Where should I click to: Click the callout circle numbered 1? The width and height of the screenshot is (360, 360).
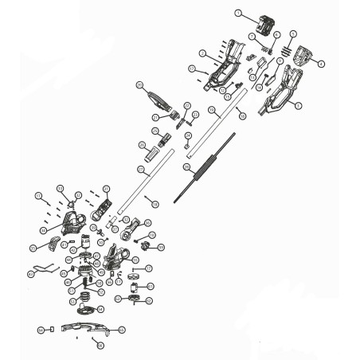pos(238,13)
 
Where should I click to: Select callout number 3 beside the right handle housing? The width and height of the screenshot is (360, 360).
pos(296,104)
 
